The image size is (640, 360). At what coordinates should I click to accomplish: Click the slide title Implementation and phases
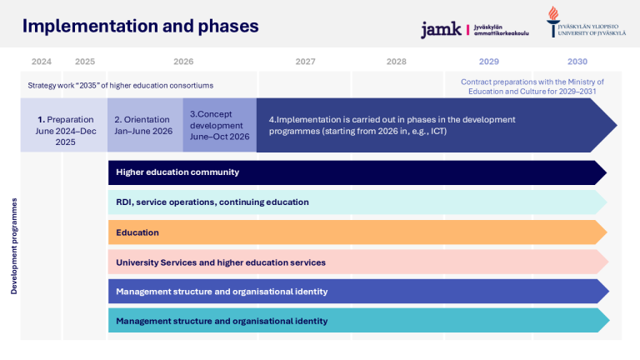pos(140,26)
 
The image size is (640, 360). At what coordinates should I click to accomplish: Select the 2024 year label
pos(41,62)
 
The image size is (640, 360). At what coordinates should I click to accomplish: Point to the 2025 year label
pos(85,62)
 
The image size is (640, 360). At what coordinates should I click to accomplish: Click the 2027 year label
pos(305,62)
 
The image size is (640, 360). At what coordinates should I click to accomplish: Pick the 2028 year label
pos(397,62)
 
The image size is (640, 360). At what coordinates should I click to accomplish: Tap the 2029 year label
pos(489,62)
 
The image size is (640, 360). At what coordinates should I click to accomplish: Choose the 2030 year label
pos(577,62)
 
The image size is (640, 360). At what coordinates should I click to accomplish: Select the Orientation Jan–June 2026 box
pos(145,125)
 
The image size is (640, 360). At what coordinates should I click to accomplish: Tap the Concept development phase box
pos(219,125)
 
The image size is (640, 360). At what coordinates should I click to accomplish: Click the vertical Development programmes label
pos(14,247)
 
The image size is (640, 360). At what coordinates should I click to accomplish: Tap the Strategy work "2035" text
pos(121,85)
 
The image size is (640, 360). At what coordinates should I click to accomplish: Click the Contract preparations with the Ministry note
pos(532,86)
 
